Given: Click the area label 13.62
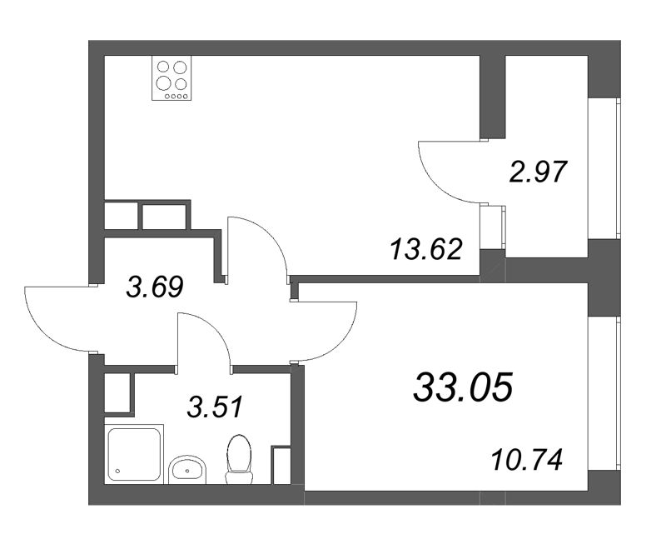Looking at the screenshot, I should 425,247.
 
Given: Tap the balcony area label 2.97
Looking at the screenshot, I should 537,172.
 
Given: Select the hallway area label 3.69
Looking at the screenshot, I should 154,287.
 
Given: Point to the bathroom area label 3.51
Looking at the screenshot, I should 215,407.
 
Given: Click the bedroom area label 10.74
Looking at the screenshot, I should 528,458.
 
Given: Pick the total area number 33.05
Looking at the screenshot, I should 464,387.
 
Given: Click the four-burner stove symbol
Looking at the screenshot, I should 172,79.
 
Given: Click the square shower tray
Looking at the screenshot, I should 134,453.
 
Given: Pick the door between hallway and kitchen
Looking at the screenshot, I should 258,246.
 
